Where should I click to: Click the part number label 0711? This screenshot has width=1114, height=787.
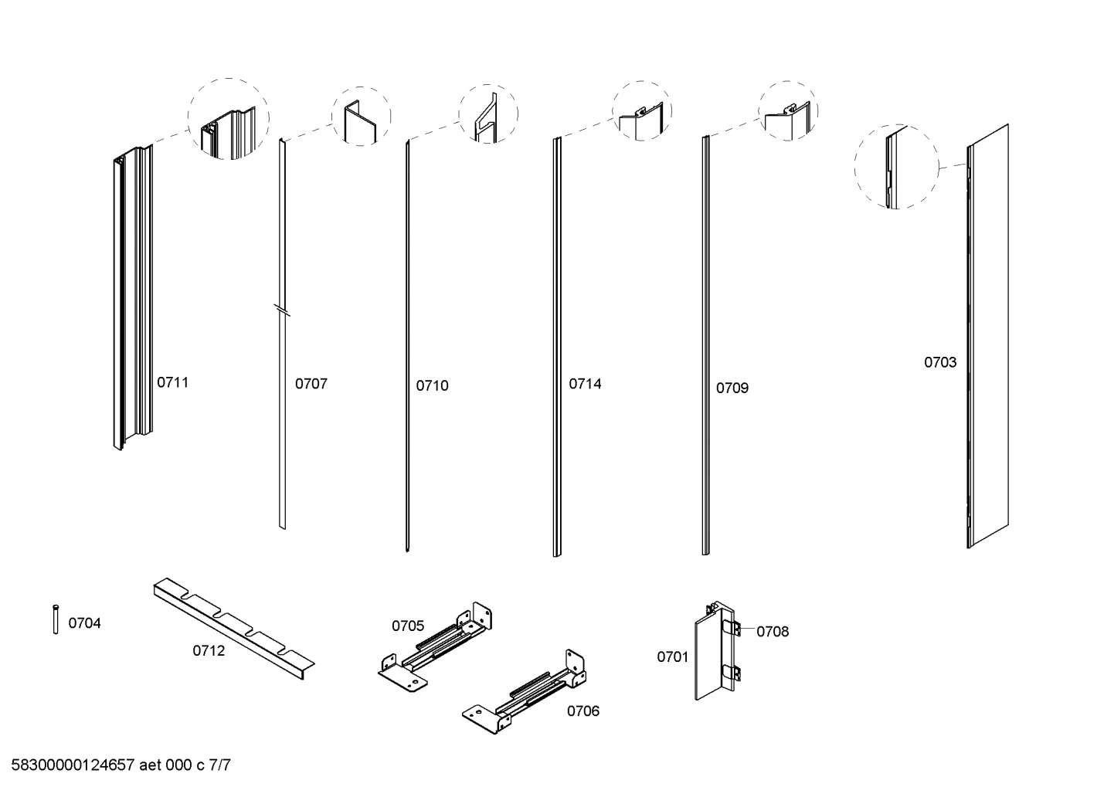(x=172, y=382)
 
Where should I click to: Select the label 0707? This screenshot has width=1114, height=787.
(x=311, y=384)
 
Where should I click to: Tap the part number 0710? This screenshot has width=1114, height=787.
(x=432, y=386)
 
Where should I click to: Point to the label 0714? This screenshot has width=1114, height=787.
(x=585, y=384)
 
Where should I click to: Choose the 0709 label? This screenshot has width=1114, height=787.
(x=732, y=388)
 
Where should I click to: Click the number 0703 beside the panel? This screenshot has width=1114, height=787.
(x=940, y=362)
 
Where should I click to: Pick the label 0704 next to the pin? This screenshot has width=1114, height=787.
(x=84, y=623)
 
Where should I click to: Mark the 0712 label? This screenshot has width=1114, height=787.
(x=209, y=651)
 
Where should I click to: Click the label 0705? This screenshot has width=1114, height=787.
(x=407, y=626)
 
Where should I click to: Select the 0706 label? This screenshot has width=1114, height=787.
(x=582, y=711)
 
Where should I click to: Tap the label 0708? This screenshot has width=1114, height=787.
(x=773, y=632)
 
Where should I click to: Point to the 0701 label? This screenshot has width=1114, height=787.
(x=672, y=657)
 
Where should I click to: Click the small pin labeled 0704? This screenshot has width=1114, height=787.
(x=56, y=619)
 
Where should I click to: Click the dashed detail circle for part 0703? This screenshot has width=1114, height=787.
(x=895, y=167)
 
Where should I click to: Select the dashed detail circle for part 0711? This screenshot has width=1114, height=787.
(x=229, y=119)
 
